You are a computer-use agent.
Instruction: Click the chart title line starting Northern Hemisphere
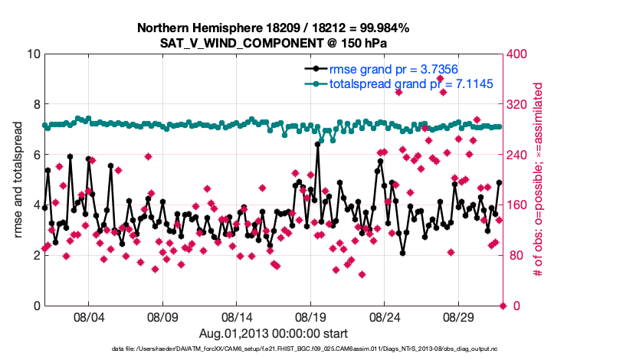click(x=274, y=28)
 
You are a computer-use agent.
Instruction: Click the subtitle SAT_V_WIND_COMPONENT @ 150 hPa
click(x=274, y=43)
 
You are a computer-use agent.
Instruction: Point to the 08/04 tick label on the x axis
click(x=87, y=317)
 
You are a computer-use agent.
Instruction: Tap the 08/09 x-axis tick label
click(x=162, y=317)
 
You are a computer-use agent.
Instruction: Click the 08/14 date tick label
click(x=236, y=317)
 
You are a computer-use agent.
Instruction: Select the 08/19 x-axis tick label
click(x=310, y=317)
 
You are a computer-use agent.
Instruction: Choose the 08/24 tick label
click(x=385, y=317)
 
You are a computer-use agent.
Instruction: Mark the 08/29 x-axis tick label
click(x=459, y=317)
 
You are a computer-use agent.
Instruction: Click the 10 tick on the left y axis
click(x=33, y=54)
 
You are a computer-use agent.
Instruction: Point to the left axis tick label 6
click(x=36, y=155)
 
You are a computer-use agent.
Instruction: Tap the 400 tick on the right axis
click(x=519, y=54)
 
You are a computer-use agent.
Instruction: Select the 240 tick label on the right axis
click(x=519, y=155)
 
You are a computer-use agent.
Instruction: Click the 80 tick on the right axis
click(x=516, y=255)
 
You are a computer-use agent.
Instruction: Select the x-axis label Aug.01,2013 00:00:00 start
click(x=274, y=333)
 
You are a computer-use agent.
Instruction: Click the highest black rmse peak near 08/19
click(x=317, y=143)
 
